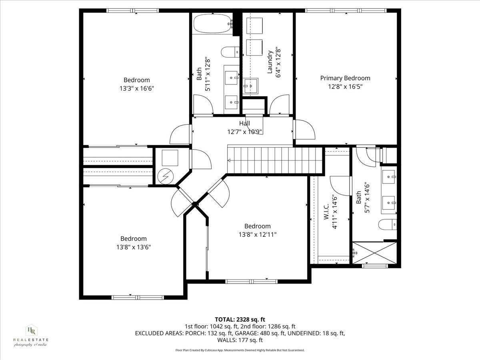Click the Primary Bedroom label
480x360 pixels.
pyautogui.click(x=345, y=78)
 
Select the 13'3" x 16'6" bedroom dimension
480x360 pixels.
pyautogui.click(x=136, y=88)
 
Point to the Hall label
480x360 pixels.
pyautogui.click(x=244, y=123)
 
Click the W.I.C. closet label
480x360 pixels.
pyautogui.click(x=326, y=211)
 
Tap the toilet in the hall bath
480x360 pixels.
pyautogui.click(x=230, y=52)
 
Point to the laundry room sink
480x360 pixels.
pyautogui.click(x=251, y=85)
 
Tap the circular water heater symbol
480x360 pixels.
pyautogui.click(x=164, y=176)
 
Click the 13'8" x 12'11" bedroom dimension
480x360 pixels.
pyautogui.click(x=257, y=234)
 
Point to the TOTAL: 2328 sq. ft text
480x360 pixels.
pyautogui.click(x=240, y=319)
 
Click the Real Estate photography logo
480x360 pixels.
pyautogui.click(x=31, y=335)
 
